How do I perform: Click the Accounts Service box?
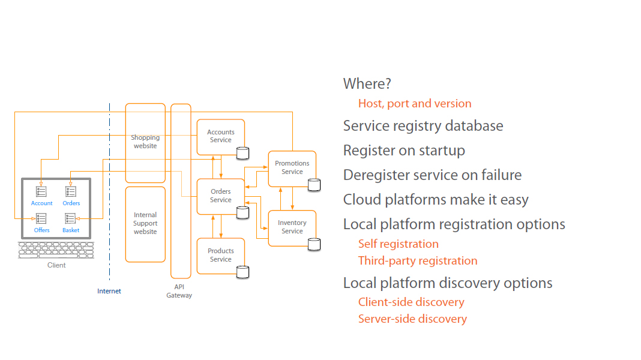[221, 136]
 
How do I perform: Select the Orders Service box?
[221, 196]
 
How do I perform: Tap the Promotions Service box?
[292, 167]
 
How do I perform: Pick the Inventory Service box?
[292, 227]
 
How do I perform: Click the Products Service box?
[221, 255]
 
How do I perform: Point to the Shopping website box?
[145, 142]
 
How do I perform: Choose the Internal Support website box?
[145, 223]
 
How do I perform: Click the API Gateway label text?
[179, 291]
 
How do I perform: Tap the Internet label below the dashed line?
[109, 291]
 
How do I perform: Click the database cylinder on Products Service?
[242, 272]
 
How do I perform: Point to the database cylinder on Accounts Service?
[242, 153]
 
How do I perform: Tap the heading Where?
[367, 84]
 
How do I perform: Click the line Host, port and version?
[415, 104]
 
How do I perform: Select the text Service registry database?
[423, 126]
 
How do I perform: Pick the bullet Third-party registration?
[418, 261]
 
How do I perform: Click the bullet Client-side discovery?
[411, 302]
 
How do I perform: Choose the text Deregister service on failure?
[432, 175]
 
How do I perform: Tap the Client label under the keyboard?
[56, 265]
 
